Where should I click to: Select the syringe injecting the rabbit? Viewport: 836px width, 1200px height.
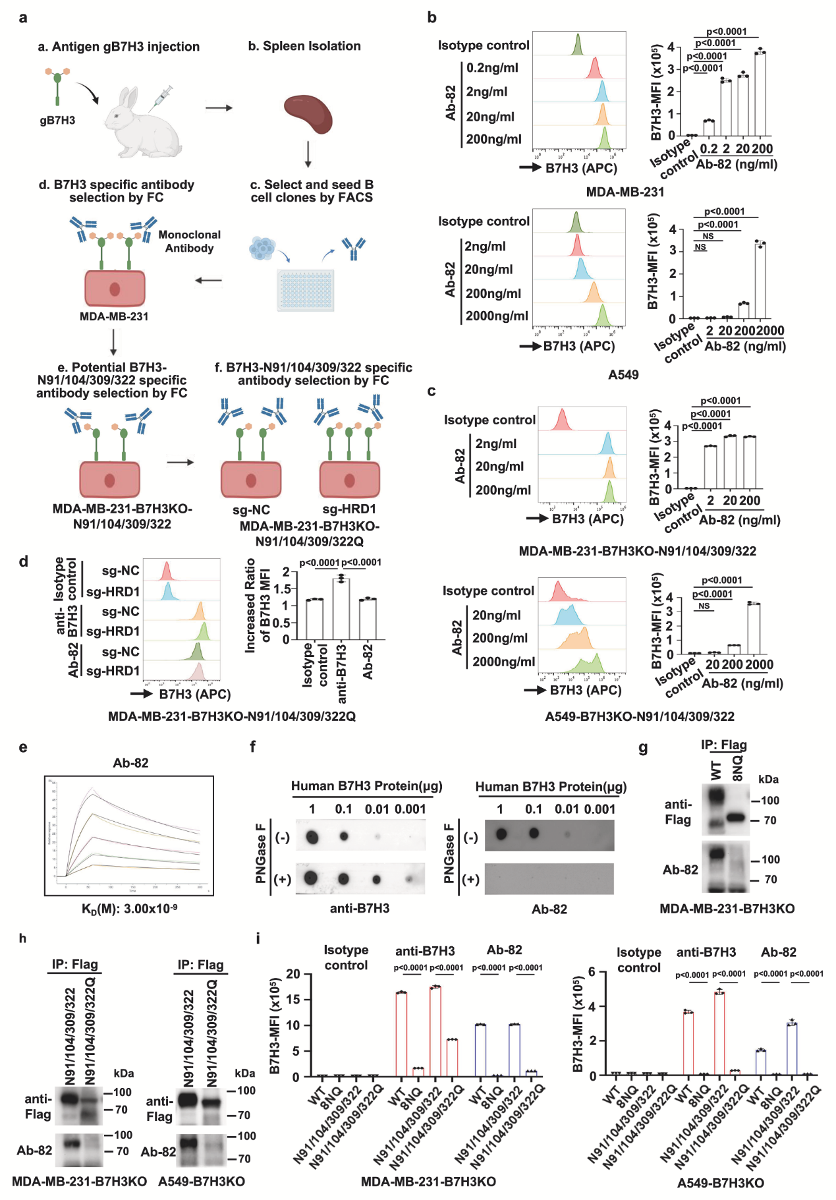161,97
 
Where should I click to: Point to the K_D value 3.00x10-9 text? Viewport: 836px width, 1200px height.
130,909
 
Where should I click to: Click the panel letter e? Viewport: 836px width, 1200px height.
23,747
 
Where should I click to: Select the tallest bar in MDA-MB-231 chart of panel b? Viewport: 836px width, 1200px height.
760,93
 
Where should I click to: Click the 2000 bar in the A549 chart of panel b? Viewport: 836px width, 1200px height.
761,281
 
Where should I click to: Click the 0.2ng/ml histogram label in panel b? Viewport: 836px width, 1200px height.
492,68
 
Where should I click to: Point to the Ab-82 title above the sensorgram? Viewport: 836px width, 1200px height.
130,762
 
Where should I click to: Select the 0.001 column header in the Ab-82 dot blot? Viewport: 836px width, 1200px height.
599,809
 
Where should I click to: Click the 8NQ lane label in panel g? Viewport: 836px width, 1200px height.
738,768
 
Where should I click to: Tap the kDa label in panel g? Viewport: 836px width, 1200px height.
768,779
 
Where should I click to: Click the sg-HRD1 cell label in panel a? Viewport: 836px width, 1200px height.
349,509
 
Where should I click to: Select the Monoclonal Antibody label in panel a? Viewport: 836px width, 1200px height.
190,241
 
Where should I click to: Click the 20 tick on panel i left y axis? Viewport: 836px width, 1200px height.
293,974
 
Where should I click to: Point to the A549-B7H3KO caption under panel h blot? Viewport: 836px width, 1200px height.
202,1182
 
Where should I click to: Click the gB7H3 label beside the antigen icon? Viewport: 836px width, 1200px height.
57,121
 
